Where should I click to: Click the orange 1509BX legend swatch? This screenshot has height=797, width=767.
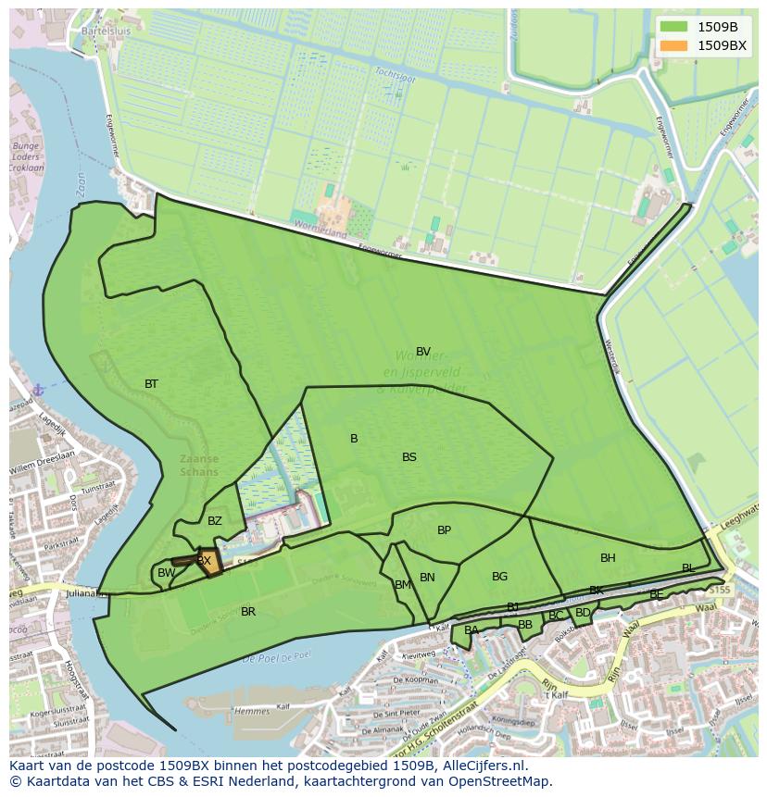pos(674,45)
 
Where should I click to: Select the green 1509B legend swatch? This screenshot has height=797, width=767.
pos(674,26)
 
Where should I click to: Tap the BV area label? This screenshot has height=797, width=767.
pos(423,352)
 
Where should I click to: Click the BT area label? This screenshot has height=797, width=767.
pos(151,384)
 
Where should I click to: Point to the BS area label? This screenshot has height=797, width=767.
pos(409,457)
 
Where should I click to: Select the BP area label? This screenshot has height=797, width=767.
pos(444,530)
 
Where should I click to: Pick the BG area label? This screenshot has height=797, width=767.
pos(499,577)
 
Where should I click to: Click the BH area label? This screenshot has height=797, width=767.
pos(608,558)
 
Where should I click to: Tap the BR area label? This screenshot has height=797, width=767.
pos(248,612)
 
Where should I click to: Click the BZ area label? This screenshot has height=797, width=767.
pos(215,521)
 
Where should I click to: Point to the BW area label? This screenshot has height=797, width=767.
pos(166,574)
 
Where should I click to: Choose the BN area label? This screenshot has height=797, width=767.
pos(427,578)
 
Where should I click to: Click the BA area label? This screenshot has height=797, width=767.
pos(472,630)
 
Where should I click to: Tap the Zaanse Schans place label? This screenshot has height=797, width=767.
pos(200,465)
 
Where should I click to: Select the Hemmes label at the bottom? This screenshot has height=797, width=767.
pos(253,711)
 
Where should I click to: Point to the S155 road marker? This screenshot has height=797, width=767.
pos(721,590)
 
